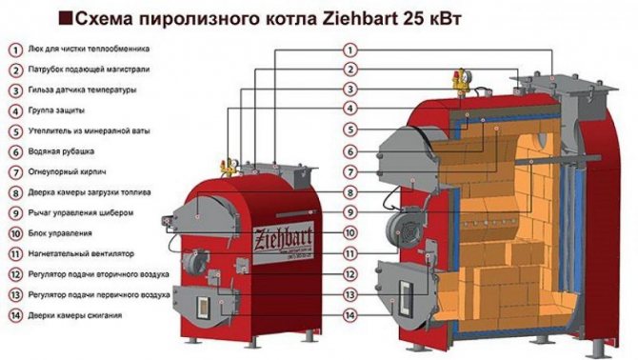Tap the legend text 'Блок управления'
coord(61,232)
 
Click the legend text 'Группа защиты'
coord(59,110)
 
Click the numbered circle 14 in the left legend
coord(16,314)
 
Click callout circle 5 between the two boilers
coord(350,130)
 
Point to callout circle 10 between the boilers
coord(350,232)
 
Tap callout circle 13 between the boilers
coord(350,294)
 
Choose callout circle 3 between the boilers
coord(350,89)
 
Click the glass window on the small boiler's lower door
coord(203,306)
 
